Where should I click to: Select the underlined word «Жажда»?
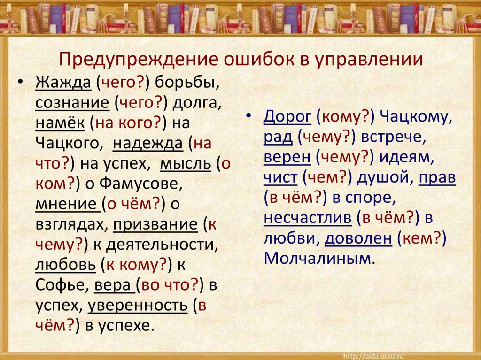pos(62,82)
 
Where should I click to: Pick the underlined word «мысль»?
pos(186,164)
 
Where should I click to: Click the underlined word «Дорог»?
pos(287,117)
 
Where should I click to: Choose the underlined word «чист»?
pos(280,178)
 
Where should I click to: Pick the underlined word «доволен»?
pos(358,238)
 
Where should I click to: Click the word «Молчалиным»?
pos(320,259)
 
